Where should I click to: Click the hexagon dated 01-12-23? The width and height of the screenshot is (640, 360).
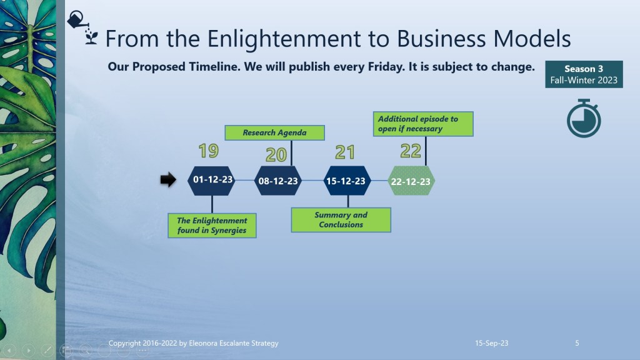point(211,181)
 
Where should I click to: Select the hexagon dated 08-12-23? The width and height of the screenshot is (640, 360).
point(278,181)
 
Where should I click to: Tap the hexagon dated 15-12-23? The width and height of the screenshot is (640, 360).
point(346,181)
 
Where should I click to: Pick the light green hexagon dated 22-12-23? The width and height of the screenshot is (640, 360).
point(411,181)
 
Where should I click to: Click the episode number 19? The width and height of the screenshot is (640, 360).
point(209,151)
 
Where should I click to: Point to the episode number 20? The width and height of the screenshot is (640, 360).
point(276,155)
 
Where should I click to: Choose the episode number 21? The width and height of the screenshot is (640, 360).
point(345,152)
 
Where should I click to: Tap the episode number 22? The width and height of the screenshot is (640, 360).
point(411,151)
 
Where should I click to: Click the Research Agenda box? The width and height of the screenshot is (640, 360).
point(275,132)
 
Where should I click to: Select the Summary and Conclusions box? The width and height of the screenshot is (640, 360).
point(341,220)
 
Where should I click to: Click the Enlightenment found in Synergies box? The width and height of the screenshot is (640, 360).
point(212,225)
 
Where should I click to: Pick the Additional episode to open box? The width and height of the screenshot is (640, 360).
point(423,124)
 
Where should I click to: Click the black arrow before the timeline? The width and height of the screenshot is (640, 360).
point(168,179)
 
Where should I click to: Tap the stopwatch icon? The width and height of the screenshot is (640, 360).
point(584,118)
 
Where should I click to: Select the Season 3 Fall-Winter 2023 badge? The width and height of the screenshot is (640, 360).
point(584,74)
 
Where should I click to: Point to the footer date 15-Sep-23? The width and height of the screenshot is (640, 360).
point(491,343)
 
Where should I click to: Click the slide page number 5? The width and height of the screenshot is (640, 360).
point(577,343)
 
